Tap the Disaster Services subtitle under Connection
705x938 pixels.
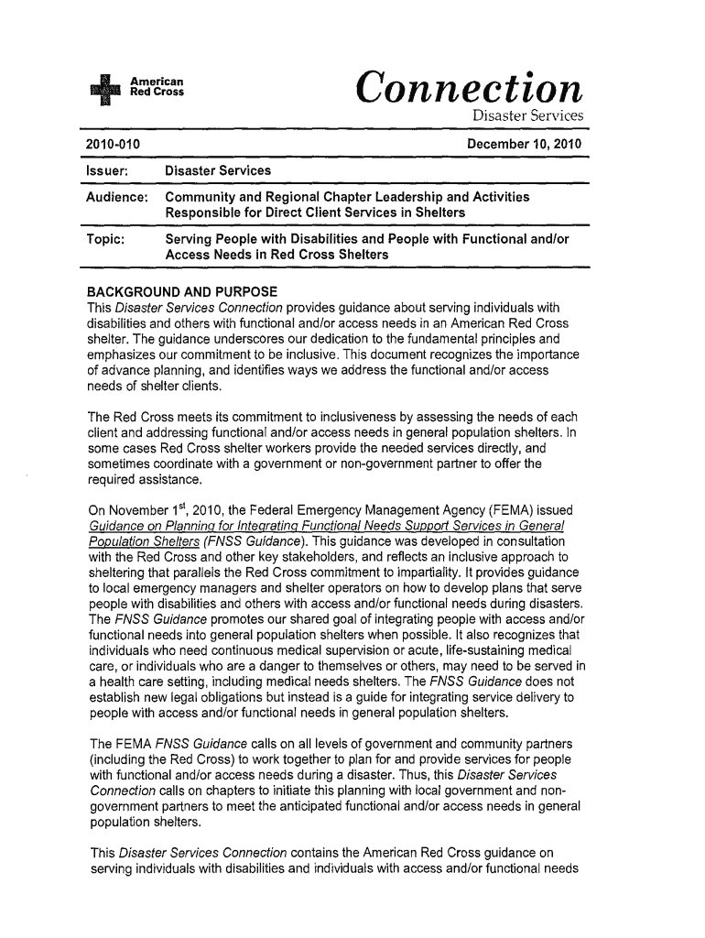(x=527, y=117)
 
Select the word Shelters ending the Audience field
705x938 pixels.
(x=434, y=213)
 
